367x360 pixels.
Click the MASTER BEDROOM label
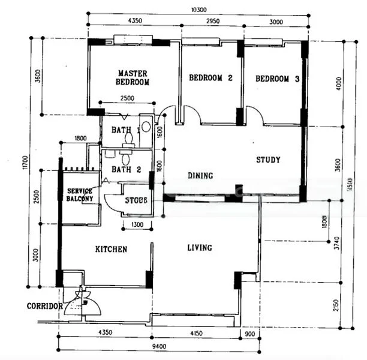pyautogui.click(x=133, y=77)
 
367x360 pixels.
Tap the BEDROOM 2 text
pyautogui.click(x=210, y=78)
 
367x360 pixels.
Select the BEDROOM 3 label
pyautogui.click(x=277, y=79)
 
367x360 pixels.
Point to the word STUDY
pyautogui.click(x=268, y=160)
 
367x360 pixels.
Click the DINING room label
pyautogui.click(x=200, y=176)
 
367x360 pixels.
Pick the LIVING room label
pyautogui.click(x=199, y=247)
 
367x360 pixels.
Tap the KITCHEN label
pyautogui.click(x=111, y=249)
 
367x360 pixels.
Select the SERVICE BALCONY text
pyautogui.click(x=80, y=195)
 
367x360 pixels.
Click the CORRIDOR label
pyautogui.click(x=45, y=306)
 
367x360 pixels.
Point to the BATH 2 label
pyautogui.click(x=126, y=170)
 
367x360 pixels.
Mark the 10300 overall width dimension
pyautogui.click(x=198, y=9)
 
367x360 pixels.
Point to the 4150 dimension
pyautogui.click(x=198, y=332)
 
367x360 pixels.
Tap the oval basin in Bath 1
pyautogui.click(x=146, y=127)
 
